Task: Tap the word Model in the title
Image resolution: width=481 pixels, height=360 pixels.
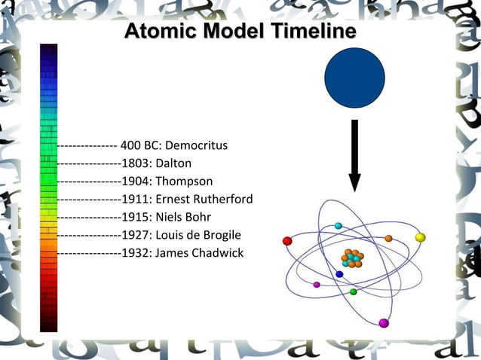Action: point(224,32)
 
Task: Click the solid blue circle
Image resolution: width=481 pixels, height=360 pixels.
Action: point(354,78)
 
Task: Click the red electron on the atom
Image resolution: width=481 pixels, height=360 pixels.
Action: point(287,241)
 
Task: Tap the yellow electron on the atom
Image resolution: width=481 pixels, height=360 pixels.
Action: point(421,237)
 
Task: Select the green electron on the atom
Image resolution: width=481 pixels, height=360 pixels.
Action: point(353,291)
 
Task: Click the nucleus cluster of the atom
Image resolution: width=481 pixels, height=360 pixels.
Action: point(351,259)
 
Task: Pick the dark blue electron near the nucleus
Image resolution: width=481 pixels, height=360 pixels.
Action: point(339,274)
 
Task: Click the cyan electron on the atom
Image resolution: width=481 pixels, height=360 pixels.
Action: point(339,225)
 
